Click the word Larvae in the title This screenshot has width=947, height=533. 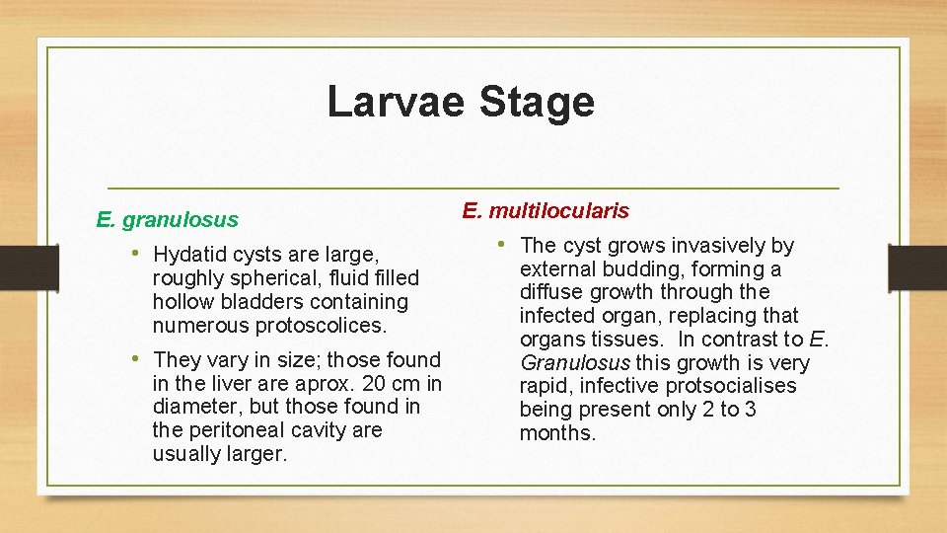389,102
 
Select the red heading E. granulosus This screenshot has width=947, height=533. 167,219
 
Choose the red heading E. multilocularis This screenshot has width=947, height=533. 545,210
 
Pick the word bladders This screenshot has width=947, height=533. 262,302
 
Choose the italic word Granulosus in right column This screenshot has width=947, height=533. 575,362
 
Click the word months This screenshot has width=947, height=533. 557,433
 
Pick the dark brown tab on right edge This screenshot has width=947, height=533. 917,266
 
